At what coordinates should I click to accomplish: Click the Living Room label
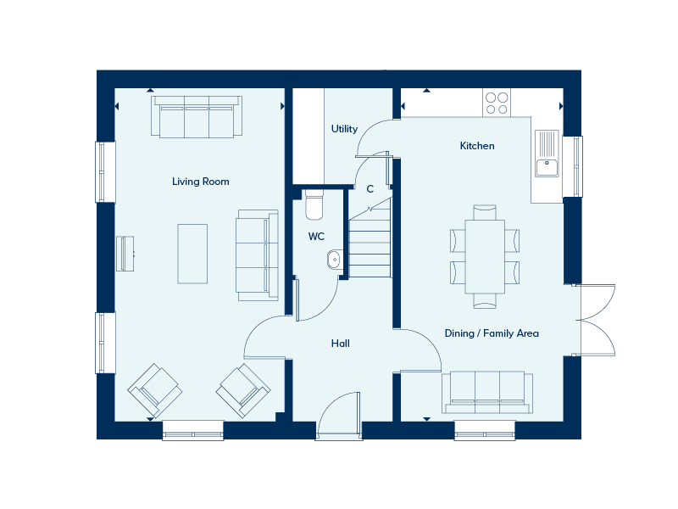[x=201, y=182]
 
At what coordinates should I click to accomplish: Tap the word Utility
[x=344, y=129]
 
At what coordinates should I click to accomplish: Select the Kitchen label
[x=477, y=146]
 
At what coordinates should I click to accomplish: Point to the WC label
[x=316, y=237]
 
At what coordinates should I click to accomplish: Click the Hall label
[x=341, y=344]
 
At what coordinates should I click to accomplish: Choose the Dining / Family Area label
[x=492, y=333]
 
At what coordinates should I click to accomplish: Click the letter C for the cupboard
[x=370, y=188]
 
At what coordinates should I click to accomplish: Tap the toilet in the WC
[x=314, y=204]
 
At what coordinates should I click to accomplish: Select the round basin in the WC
[x=334, y=260]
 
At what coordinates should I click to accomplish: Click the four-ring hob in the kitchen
[x=497, y=103]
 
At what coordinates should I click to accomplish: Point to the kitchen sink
[x=547, y=154]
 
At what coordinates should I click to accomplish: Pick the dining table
[x=485, y=257]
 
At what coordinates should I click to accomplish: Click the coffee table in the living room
[x=192, y=254]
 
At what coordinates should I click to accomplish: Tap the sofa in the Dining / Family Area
[x=487, y=392]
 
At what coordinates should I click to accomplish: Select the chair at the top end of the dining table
[x=485, y=213]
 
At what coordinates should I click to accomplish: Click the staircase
[x=370, y=238]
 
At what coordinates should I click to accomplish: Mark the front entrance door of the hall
[x=338, y=417]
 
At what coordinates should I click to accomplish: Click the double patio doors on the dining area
[x=595, y=321]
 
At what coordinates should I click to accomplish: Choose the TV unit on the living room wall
[x=125, y=254]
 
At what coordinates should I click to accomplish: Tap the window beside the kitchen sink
[x=573, y=166]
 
